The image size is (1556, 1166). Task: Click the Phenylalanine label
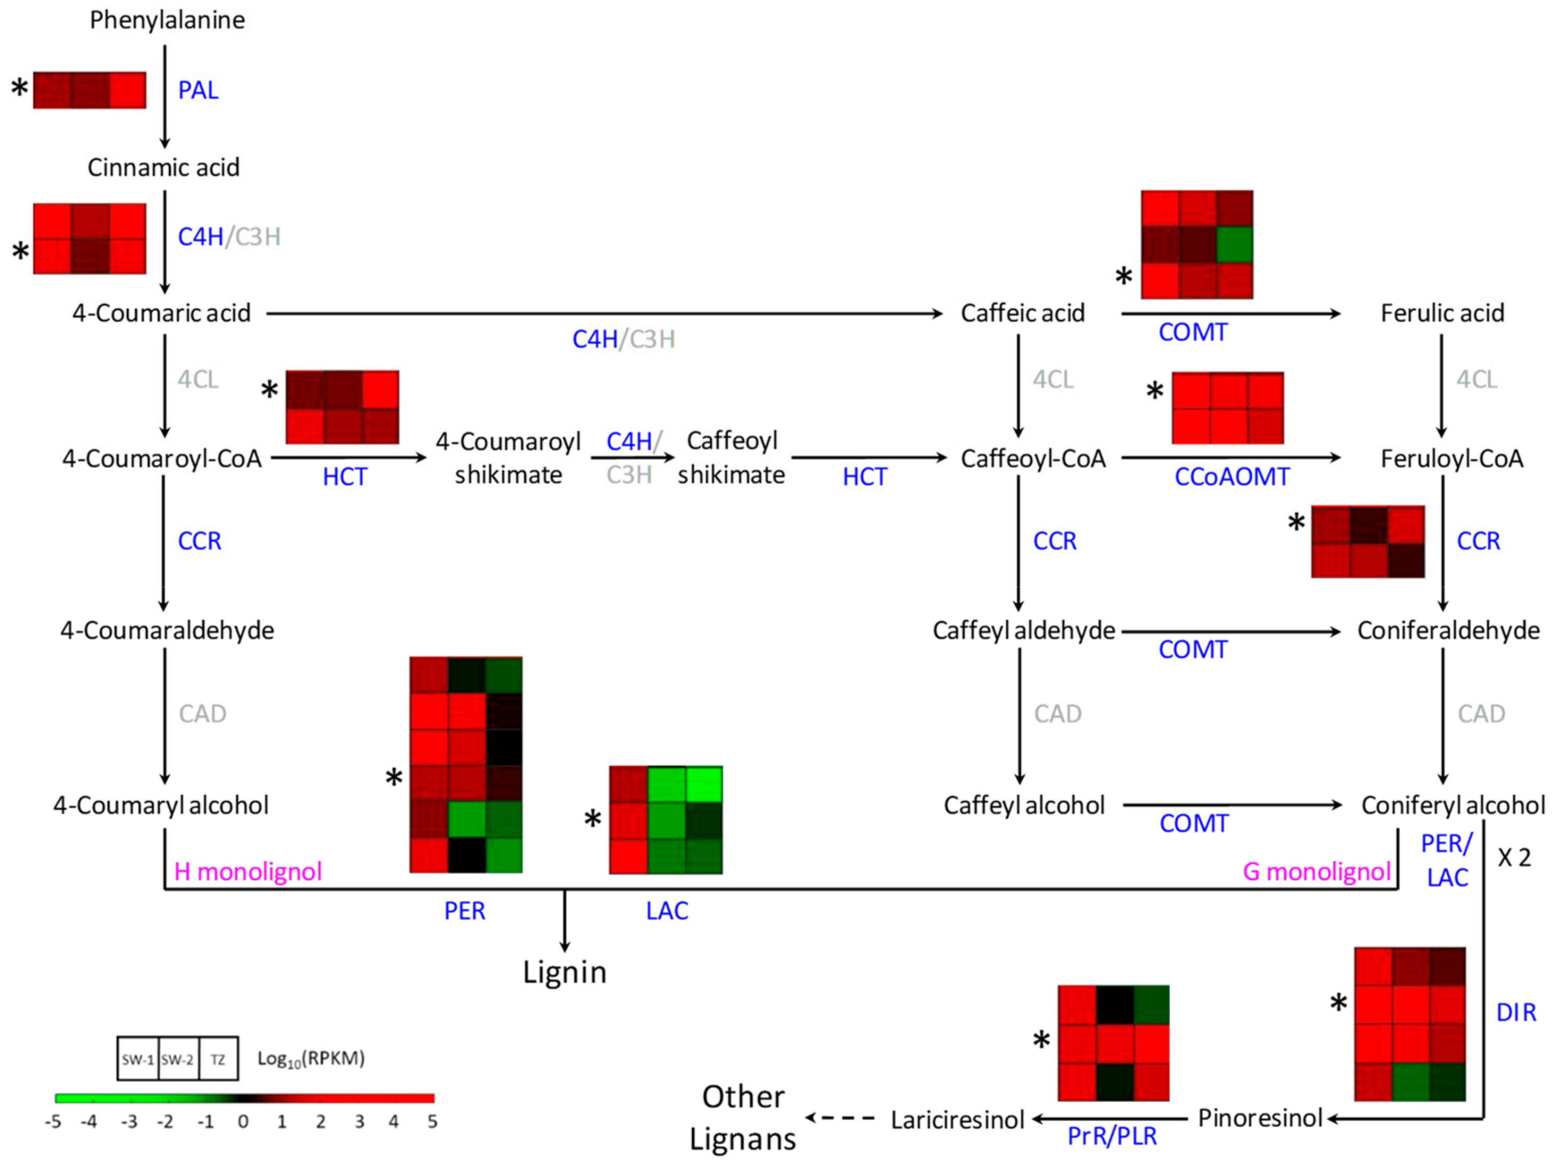[168, 20]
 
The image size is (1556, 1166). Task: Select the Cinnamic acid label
[163, 168]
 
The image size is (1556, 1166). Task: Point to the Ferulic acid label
[1442, 313]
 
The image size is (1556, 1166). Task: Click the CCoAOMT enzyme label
[1232, 477]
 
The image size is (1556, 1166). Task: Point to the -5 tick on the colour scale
[53, 1122]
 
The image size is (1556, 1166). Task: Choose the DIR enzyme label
[1516, 1013]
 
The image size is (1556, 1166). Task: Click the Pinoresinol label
[1260, 1118]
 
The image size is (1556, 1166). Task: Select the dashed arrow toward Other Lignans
[840, 1117]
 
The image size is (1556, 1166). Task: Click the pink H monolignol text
[248, 872]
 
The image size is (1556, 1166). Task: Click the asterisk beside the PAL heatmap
[20, 89]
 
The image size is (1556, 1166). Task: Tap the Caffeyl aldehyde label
[1023, 631]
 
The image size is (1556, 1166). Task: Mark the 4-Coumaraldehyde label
[166, 631]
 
